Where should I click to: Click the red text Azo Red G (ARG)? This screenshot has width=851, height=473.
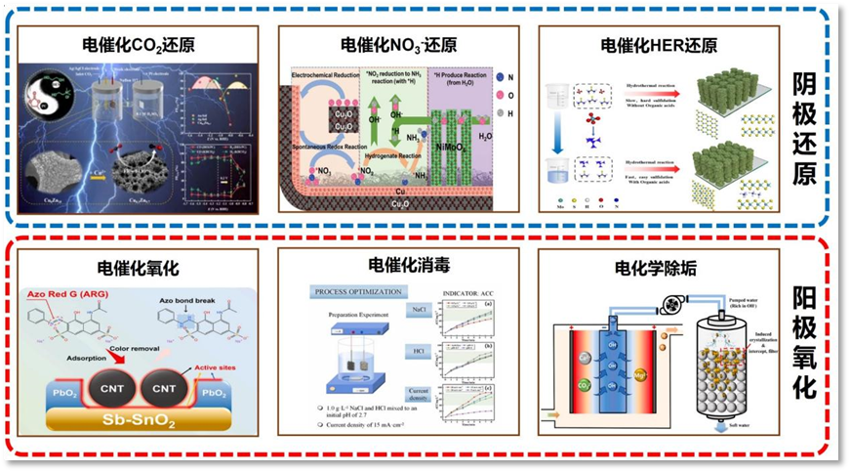tap(66, 294)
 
